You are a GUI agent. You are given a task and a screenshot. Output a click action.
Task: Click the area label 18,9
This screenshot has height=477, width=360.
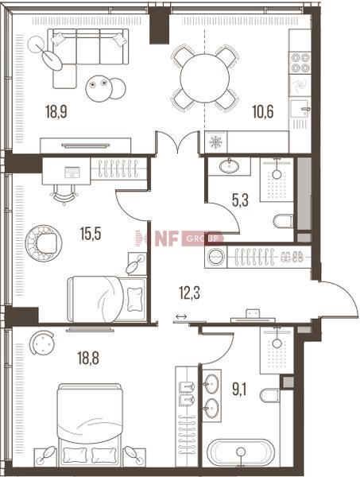tap(56, 111)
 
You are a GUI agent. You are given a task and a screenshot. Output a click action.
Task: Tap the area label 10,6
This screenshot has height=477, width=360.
tap(263, 111)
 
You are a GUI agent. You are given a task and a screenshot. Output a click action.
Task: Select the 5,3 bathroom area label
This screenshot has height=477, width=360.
tap(240, 200)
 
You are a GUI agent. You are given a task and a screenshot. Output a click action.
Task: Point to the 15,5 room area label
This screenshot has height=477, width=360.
tap(91, 235)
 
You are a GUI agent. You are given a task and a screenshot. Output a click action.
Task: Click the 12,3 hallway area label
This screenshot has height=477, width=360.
tap(189, 293)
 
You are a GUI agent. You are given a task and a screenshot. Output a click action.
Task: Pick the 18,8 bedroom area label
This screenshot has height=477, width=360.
tap(88, 358)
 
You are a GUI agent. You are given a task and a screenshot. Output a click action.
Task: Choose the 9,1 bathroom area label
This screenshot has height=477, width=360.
tap(239, 390)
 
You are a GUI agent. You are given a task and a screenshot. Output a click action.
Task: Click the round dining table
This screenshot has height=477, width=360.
tap(204, 78)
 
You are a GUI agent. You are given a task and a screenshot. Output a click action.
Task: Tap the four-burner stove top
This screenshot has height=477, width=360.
tap(300, 63)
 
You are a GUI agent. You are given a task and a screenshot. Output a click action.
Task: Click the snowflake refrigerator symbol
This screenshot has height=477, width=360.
tap(216, 142)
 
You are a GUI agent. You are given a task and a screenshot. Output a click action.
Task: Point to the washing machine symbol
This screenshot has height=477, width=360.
tap(215, 257)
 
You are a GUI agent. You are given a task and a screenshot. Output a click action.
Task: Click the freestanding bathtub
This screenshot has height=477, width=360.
tap(241, 453)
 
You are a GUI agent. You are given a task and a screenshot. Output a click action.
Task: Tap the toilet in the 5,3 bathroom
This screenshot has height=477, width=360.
tap(283, 221)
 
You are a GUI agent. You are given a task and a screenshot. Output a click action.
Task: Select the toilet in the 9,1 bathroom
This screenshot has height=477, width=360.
tap(270, 395)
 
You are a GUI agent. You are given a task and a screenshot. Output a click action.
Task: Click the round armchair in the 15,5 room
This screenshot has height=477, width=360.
tap(44, 243)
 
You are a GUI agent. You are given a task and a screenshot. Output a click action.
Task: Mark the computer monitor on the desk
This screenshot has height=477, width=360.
tap(72, 173)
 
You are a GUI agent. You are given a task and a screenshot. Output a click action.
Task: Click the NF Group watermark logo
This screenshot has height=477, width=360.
tap(180, 238)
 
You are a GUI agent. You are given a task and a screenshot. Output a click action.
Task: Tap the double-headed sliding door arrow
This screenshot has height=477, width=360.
tap(181, 316)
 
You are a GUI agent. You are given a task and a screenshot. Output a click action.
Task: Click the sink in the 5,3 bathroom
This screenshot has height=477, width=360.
tap(229, 166)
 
